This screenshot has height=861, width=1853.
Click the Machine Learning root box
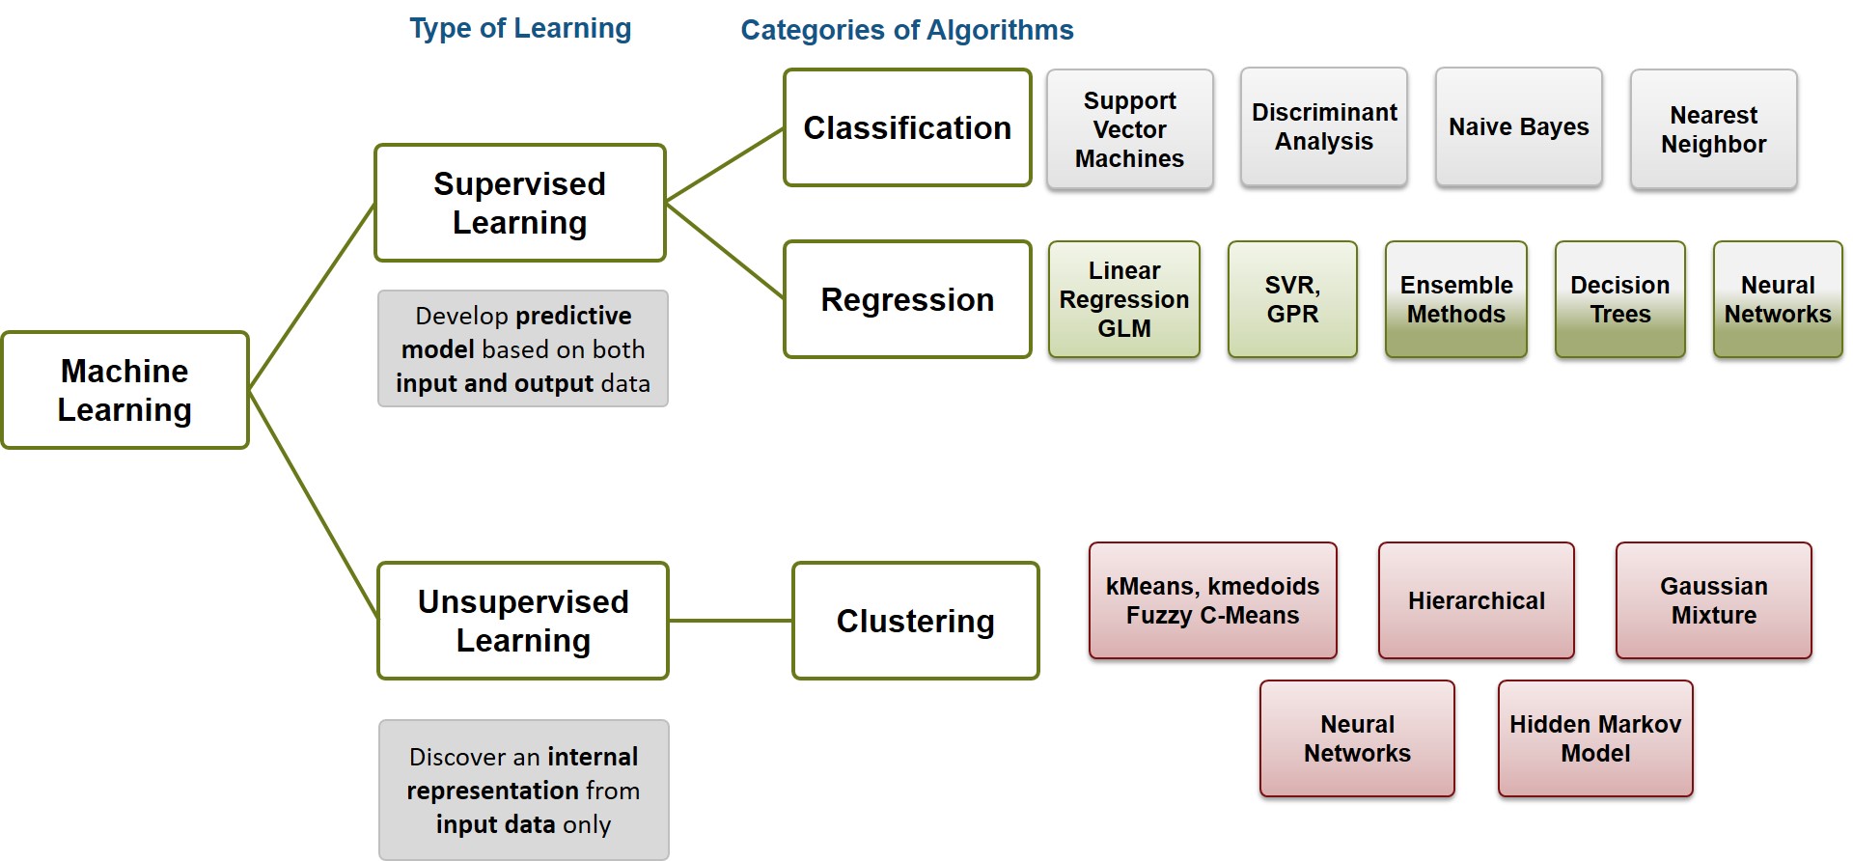[125, 390]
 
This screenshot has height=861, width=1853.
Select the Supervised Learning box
[520, 203]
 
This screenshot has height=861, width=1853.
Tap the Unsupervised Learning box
[523, 621]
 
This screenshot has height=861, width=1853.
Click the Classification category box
[907, 127]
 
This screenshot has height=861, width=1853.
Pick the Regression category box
[907, 299]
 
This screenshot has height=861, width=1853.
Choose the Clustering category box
[915, 621]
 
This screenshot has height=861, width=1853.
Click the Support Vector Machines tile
[1129, 129]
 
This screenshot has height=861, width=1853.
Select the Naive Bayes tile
[1518, 126]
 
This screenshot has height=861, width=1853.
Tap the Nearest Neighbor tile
[1713, 129]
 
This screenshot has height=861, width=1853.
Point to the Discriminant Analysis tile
[1324, 126]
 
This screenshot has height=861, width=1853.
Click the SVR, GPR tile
[1292, 299]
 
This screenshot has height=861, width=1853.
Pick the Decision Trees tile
[1619, 299]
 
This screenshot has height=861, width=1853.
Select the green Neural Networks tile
[1777, 299]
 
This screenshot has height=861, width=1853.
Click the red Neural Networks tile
[1357, 738]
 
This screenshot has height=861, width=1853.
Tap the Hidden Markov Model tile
[1595, 738]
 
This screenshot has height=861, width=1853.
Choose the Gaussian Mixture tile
[1713, 600]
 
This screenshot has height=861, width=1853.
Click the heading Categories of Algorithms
[906, 30]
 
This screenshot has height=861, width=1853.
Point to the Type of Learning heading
[520, 28]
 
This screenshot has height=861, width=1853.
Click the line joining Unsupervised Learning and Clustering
[731, 621]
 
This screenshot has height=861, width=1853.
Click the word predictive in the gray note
[572, 316]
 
